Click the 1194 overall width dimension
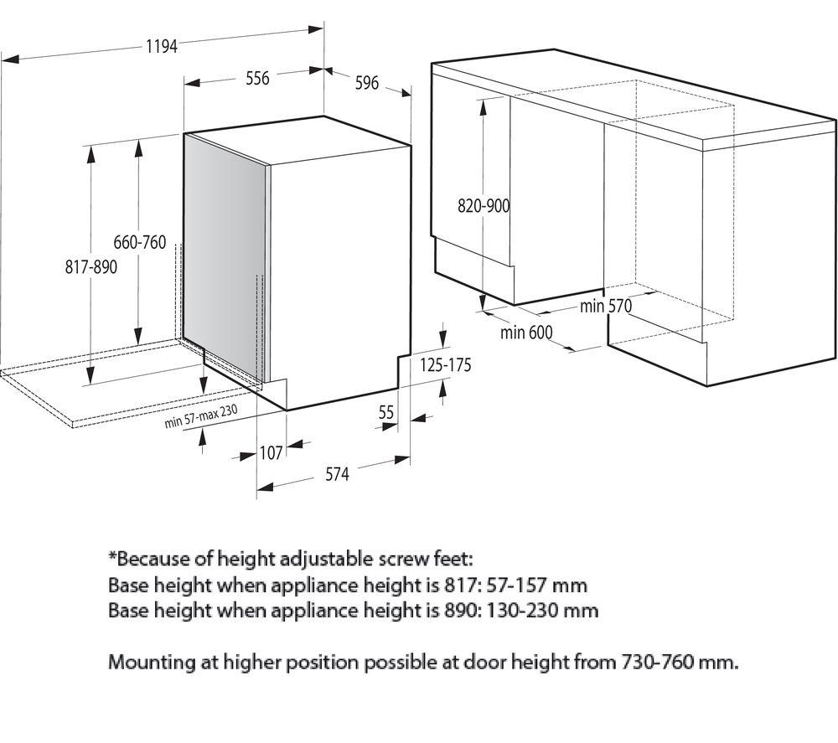162,46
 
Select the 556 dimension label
257,79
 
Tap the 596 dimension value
367,83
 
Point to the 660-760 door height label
139,243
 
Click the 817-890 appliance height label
91,266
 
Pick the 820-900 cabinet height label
484,206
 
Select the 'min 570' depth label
606,306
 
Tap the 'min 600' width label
526,333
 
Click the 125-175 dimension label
445,365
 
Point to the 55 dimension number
385,412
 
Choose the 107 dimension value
271,453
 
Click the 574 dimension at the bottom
337,474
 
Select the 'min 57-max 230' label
201,416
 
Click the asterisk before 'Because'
113,557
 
